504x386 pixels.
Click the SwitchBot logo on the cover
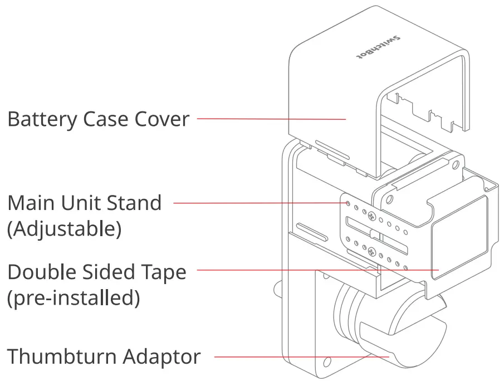click(378, 48)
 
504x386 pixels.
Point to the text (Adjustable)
click(64, 229)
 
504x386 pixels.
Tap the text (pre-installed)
click(73, 299)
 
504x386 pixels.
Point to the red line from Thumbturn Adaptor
click(301, 356)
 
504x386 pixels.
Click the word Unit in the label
click(84, 203)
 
